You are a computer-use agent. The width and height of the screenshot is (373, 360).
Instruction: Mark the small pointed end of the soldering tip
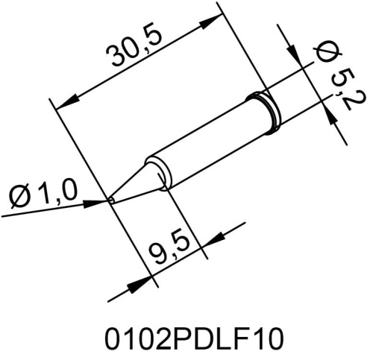(x=110, y=199)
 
